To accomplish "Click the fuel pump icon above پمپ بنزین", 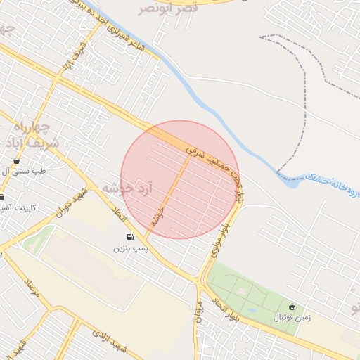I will click(x=130, y=238).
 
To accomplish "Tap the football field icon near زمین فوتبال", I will click(x=292, y=307).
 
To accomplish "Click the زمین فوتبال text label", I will click(x=286, y=318).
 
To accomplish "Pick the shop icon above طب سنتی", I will click(x=16, y=161).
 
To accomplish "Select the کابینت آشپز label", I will click(x=21, y=208).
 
